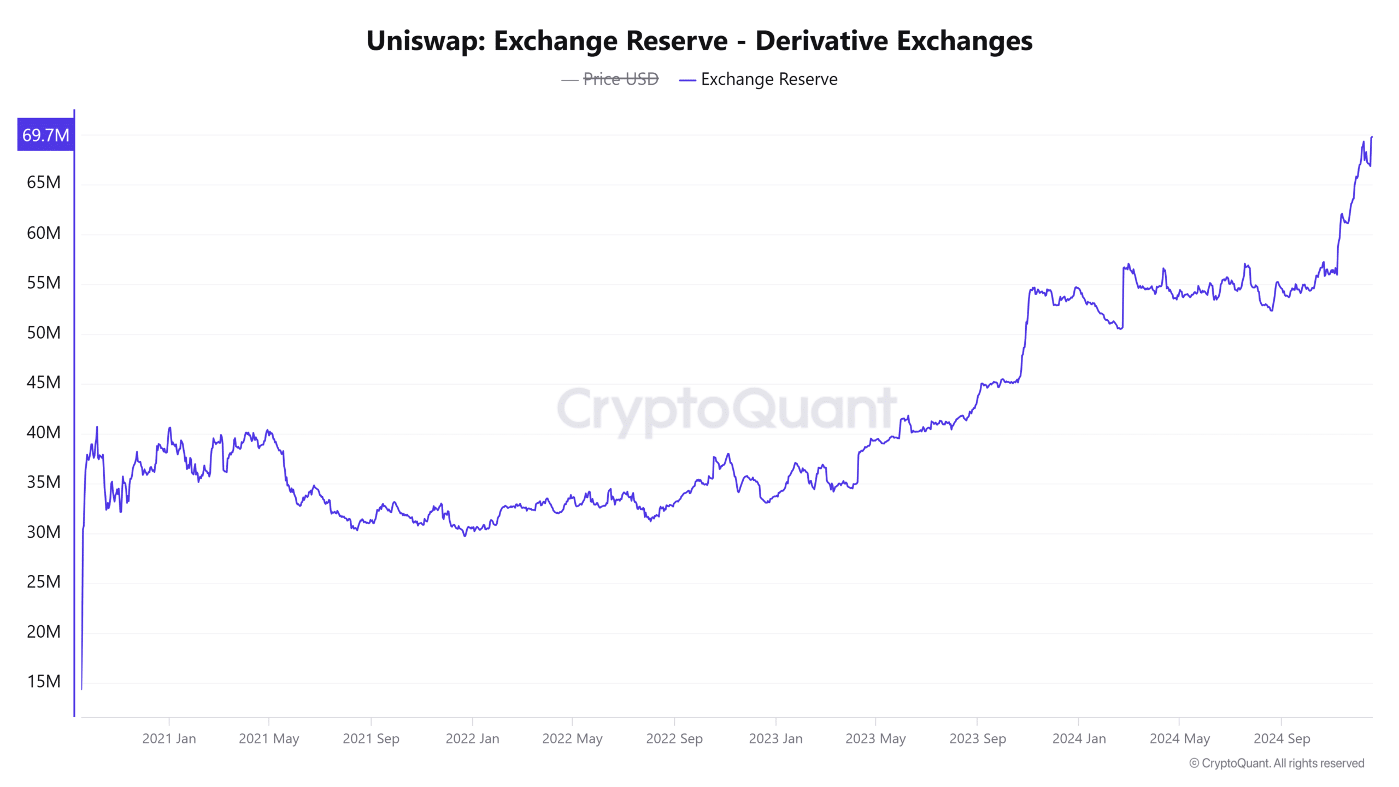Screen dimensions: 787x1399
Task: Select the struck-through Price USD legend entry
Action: coord(620,79)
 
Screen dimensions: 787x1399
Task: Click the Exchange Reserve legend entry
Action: coord(768,79)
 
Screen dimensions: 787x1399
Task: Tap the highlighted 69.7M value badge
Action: coord(46,134)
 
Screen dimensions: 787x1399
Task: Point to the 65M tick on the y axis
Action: coord(44,182)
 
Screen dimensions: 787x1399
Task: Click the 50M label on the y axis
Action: coord(44,332)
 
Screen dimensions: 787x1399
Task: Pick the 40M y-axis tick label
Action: coord(44,432)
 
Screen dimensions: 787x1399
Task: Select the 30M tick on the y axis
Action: coord(44,532)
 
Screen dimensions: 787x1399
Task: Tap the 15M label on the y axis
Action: coord(44,682)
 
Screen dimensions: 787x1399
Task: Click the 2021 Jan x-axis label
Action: coord(169,738)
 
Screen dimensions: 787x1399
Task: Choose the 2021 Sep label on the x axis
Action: coord(371,738)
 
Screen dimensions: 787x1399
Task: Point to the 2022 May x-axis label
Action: coord(572,738)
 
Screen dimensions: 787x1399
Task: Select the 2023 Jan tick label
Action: coord(775,738)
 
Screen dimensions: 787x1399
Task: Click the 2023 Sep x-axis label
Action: coord(978,738)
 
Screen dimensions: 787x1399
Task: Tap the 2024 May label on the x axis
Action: coord(1180,738)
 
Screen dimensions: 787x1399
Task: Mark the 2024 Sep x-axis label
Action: coord(1282,738)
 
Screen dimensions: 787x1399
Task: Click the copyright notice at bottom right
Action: coord(1277,763)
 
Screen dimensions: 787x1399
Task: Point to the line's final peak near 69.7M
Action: coord(1371,138)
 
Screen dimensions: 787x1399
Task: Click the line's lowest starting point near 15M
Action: coord(82,688)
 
